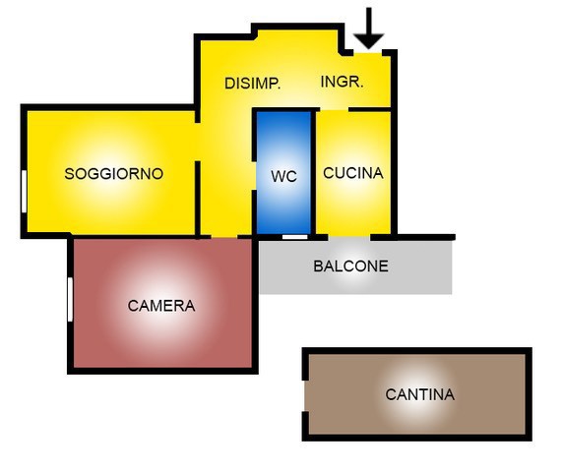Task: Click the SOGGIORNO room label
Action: click(114, 174)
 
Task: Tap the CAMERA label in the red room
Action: click(161, 306)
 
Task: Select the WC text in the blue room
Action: click(283, 176)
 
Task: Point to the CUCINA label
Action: click(353, 173)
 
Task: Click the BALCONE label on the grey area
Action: click(350, 266)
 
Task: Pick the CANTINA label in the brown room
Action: click(419, 394)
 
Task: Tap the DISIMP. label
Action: click(252, 84)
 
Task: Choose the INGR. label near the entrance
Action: click(342, 82)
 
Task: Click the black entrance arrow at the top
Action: click(369, 28)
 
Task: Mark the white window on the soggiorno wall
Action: click(24, 192)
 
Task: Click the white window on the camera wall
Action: click(70, 299)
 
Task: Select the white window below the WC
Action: click(294, 237)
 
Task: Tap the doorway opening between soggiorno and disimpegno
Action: click(197, 142)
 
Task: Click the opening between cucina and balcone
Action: click(349, 237)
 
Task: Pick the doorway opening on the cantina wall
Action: click(305, 396)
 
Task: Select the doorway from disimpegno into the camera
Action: click(224, 237)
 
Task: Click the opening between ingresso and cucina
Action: click(334, 109)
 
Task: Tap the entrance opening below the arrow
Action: click(368, 53)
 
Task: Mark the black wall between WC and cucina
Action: click(313, 172)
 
